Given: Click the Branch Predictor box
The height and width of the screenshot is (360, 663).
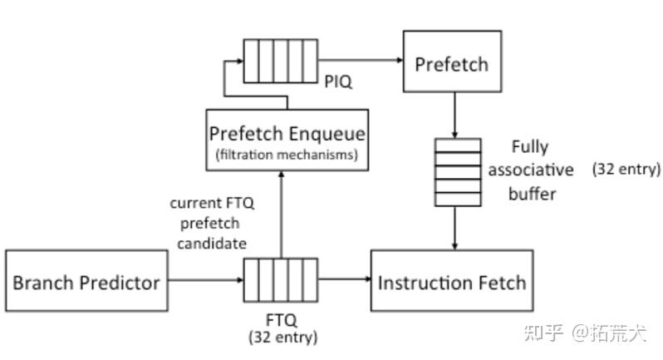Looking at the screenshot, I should point(86,282).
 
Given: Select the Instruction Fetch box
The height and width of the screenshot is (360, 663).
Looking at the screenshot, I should point(452,282).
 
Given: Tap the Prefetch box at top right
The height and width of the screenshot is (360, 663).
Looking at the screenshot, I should point(452,62).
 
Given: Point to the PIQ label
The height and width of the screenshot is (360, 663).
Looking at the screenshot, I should point(338,82).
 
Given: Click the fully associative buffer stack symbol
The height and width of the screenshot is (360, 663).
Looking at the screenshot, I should point(458,171).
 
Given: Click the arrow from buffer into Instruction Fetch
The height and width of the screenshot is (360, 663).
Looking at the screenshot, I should point(455,226).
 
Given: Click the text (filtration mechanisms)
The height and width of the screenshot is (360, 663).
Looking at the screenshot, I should point(287,155).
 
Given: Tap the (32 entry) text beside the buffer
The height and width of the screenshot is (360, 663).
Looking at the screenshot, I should point(626,170).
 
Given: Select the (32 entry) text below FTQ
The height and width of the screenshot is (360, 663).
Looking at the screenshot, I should point(282,337).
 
